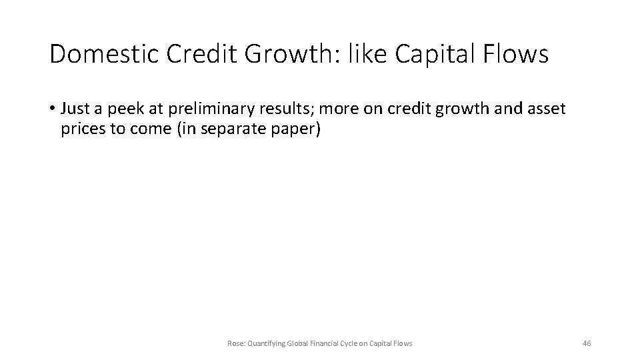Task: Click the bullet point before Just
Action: point(53,109)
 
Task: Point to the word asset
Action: point(545,109)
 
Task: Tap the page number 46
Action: point(587,343)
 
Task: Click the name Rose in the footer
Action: point(235,343)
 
